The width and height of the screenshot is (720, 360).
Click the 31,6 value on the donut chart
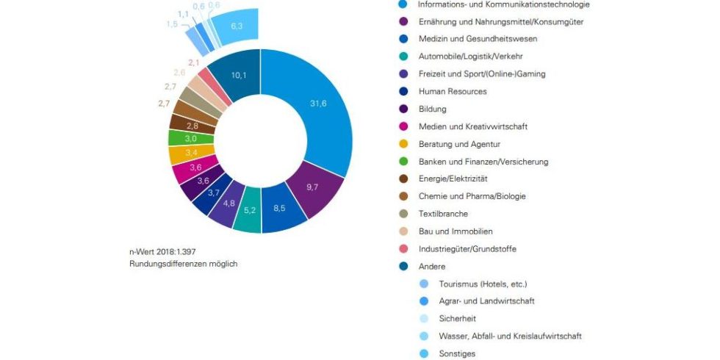(317, 104)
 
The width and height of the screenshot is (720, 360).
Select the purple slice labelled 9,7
(312, 187)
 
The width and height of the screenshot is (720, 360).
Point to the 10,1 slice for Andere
(240, 75)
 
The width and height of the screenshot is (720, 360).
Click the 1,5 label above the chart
(171, 24)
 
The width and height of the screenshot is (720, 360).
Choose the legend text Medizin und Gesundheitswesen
(478, 39)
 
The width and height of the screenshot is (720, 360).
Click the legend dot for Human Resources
(403, 92)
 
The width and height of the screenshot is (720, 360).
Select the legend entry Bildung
(433, 109)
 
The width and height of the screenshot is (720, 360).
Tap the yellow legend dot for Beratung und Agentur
(403, 144)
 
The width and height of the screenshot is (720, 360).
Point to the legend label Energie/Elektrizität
(453, 179)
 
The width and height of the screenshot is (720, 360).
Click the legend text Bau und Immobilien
(456, 231)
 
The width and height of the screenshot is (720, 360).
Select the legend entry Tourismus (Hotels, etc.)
(483, 284)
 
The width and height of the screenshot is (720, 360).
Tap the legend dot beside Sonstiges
(423, 353)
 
